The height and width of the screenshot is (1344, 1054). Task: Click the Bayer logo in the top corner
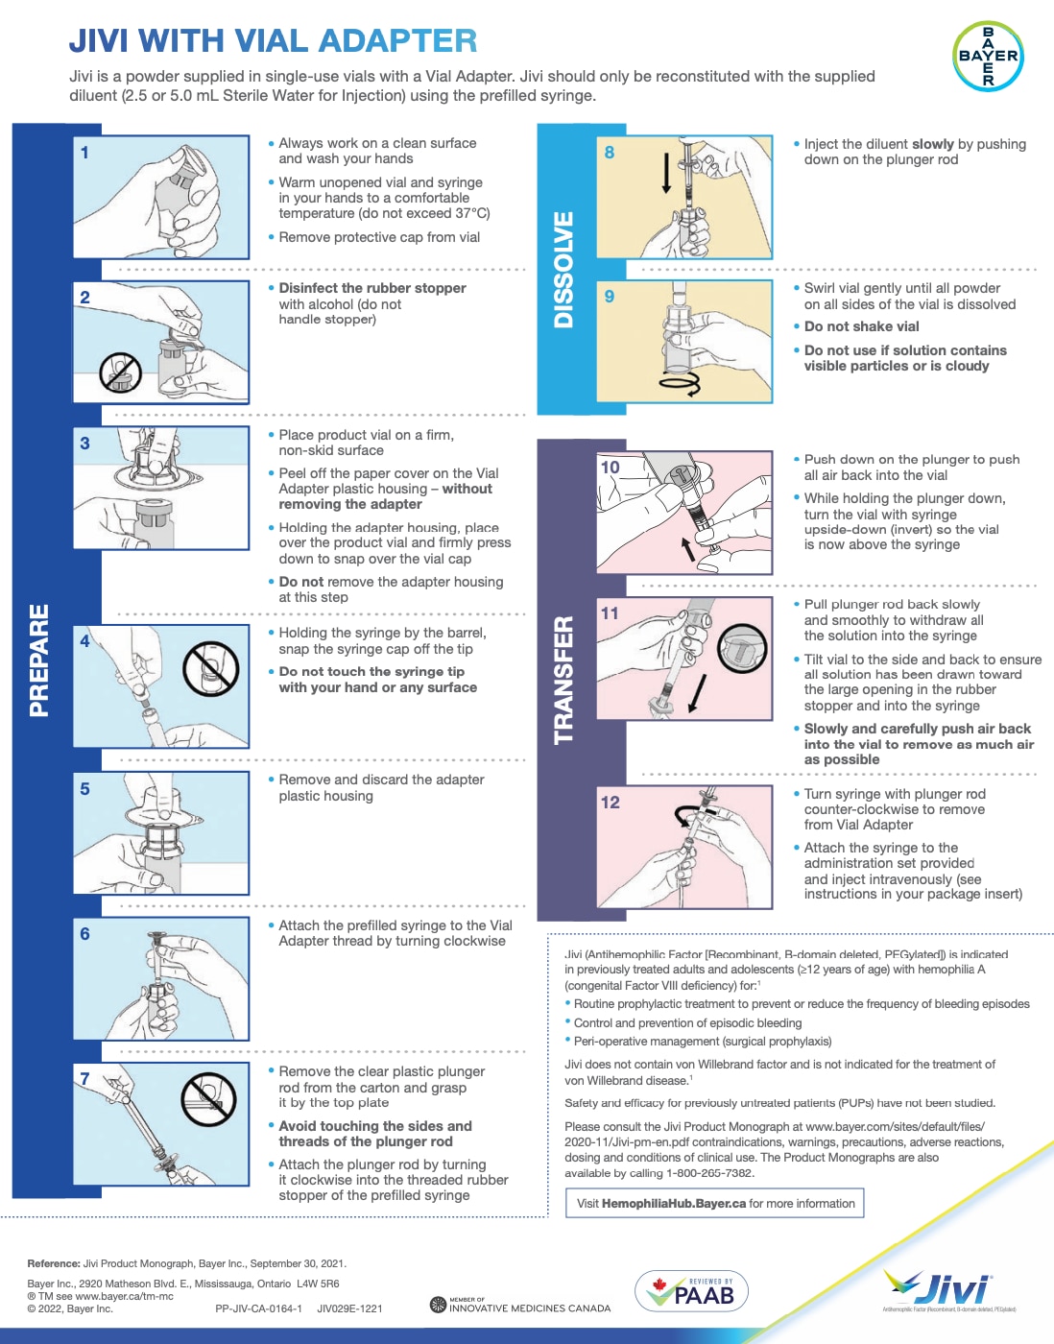point(988,56)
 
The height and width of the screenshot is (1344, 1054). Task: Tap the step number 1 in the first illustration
point(84,153)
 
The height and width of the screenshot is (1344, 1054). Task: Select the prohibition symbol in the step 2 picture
point(121,372)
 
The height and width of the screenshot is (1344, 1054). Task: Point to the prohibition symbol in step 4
point(210,668)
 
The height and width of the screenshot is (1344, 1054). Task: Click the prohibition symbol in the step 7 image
point(208,1098)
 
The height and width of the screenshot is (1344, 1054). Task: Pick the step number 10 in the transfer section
point(610,468)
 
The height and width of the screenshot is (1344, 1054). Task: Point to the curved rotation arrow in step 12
point(685,816)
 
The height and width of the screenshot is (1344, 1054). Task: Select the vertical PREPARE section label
point(39,660)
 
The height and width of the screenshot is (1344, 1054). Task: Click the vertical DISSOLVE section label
point(564,270)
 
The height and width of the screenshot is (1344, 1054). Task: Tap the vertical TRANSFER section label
point(564,680)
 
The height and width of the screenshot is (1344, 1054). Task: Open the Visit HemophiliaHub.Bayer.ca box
point(715,1204)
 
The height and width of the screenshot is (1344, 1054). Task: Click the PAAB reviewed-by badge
point(691,1291)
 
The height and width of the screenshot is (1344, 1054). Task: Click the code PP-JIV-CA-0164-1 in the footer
point(258,1308)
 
